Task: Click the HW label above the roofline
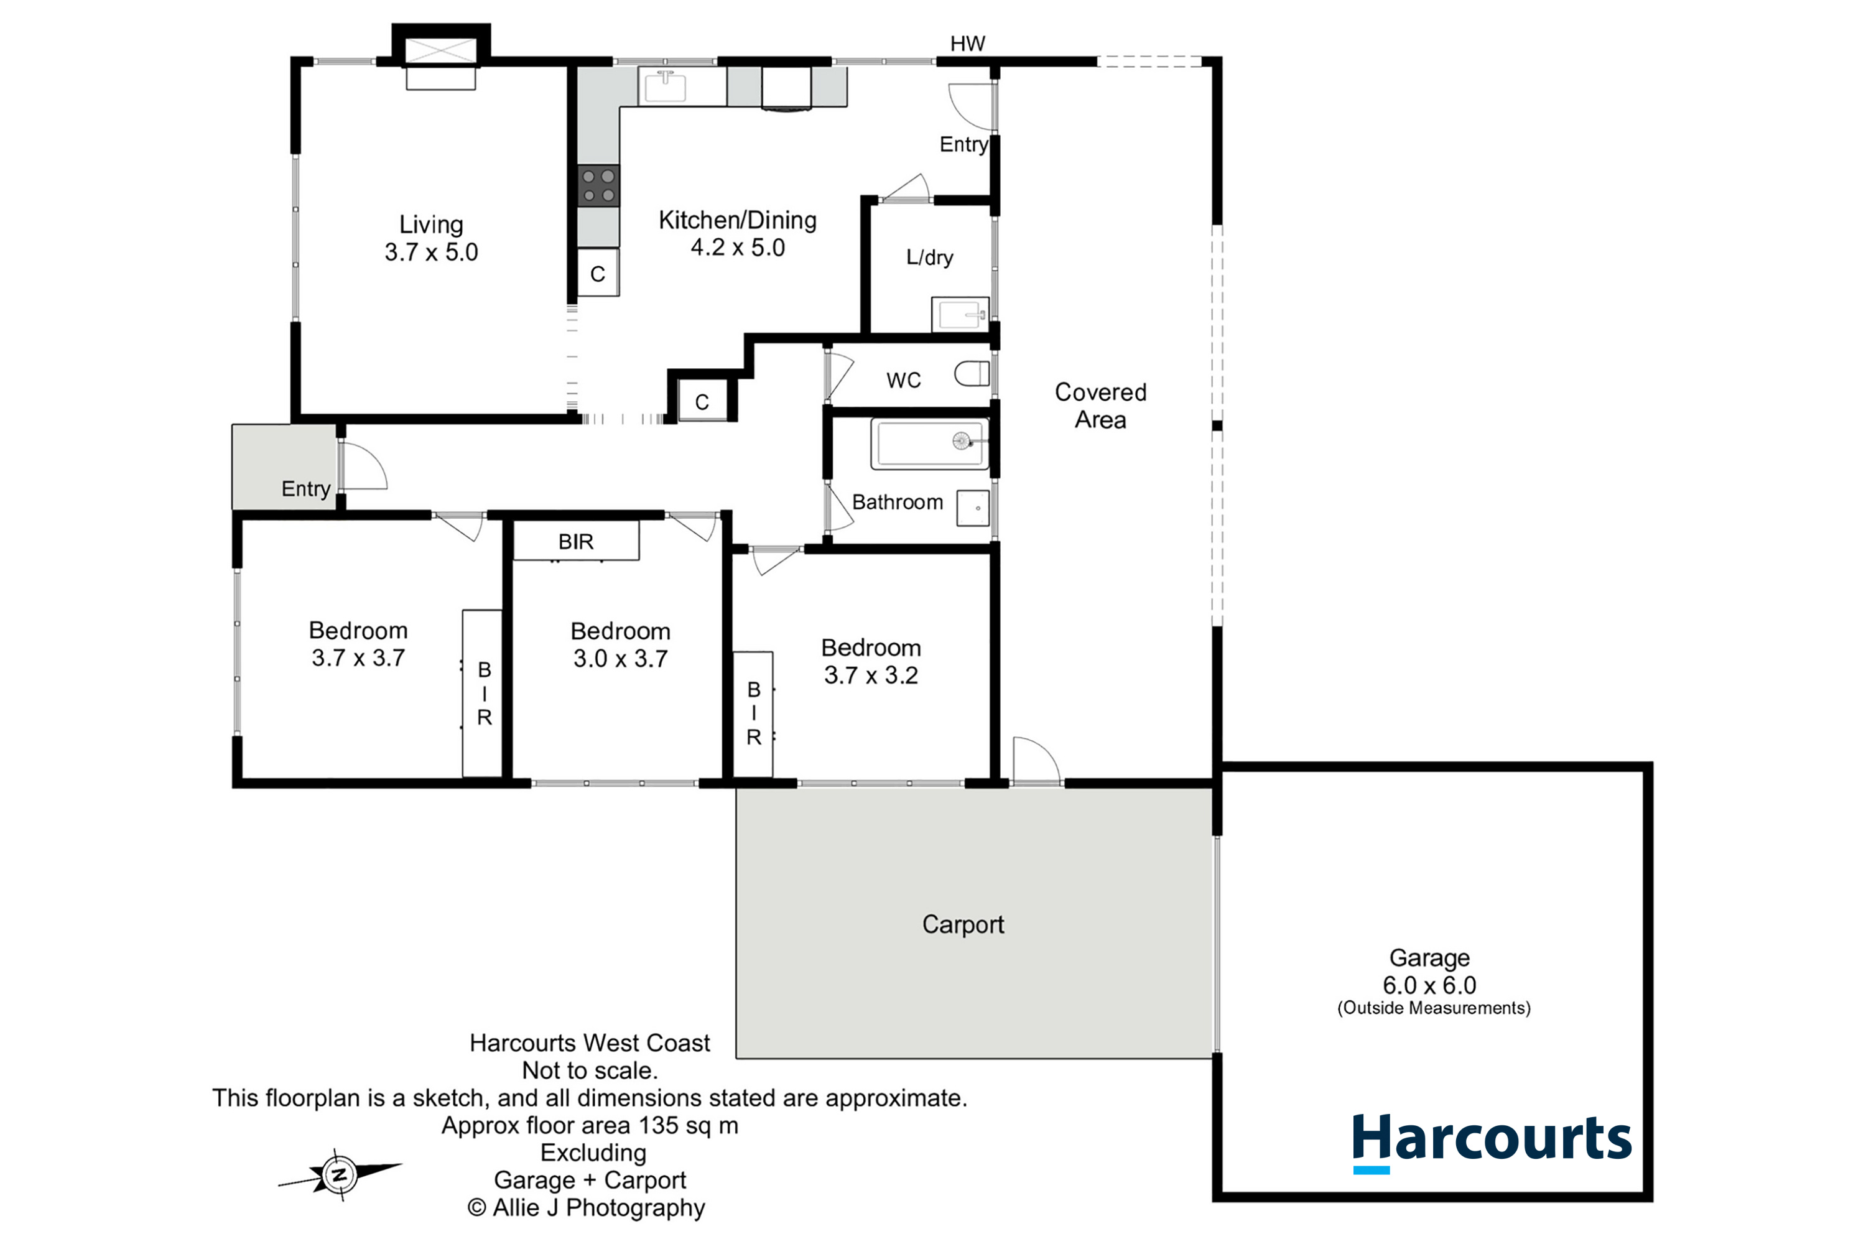(967, 44)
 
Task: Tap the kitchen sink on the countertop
(665, 86)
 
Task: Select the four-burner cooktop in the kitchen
(598, 185)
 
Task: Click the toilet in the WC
(972, 374)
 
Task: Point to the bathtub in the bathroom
(930, 443)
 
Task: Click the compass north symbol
(340, 1175)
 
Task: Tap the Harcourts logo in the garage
(1492, 1143)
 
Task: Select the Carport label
(962, 924)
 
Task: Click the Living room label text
(431, 225)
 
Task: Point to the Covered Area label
(1100, 406)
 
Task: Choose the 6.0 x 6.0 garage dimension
(1429, 985)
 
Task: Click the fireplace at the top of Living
(441, 57)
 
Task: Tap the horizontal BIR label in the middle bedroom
(575, 542)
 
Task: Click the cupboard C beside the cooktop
(598, 273)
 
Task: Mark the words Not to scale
(590, 1071)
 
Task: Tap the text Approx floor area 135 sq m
(590, 1126)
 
